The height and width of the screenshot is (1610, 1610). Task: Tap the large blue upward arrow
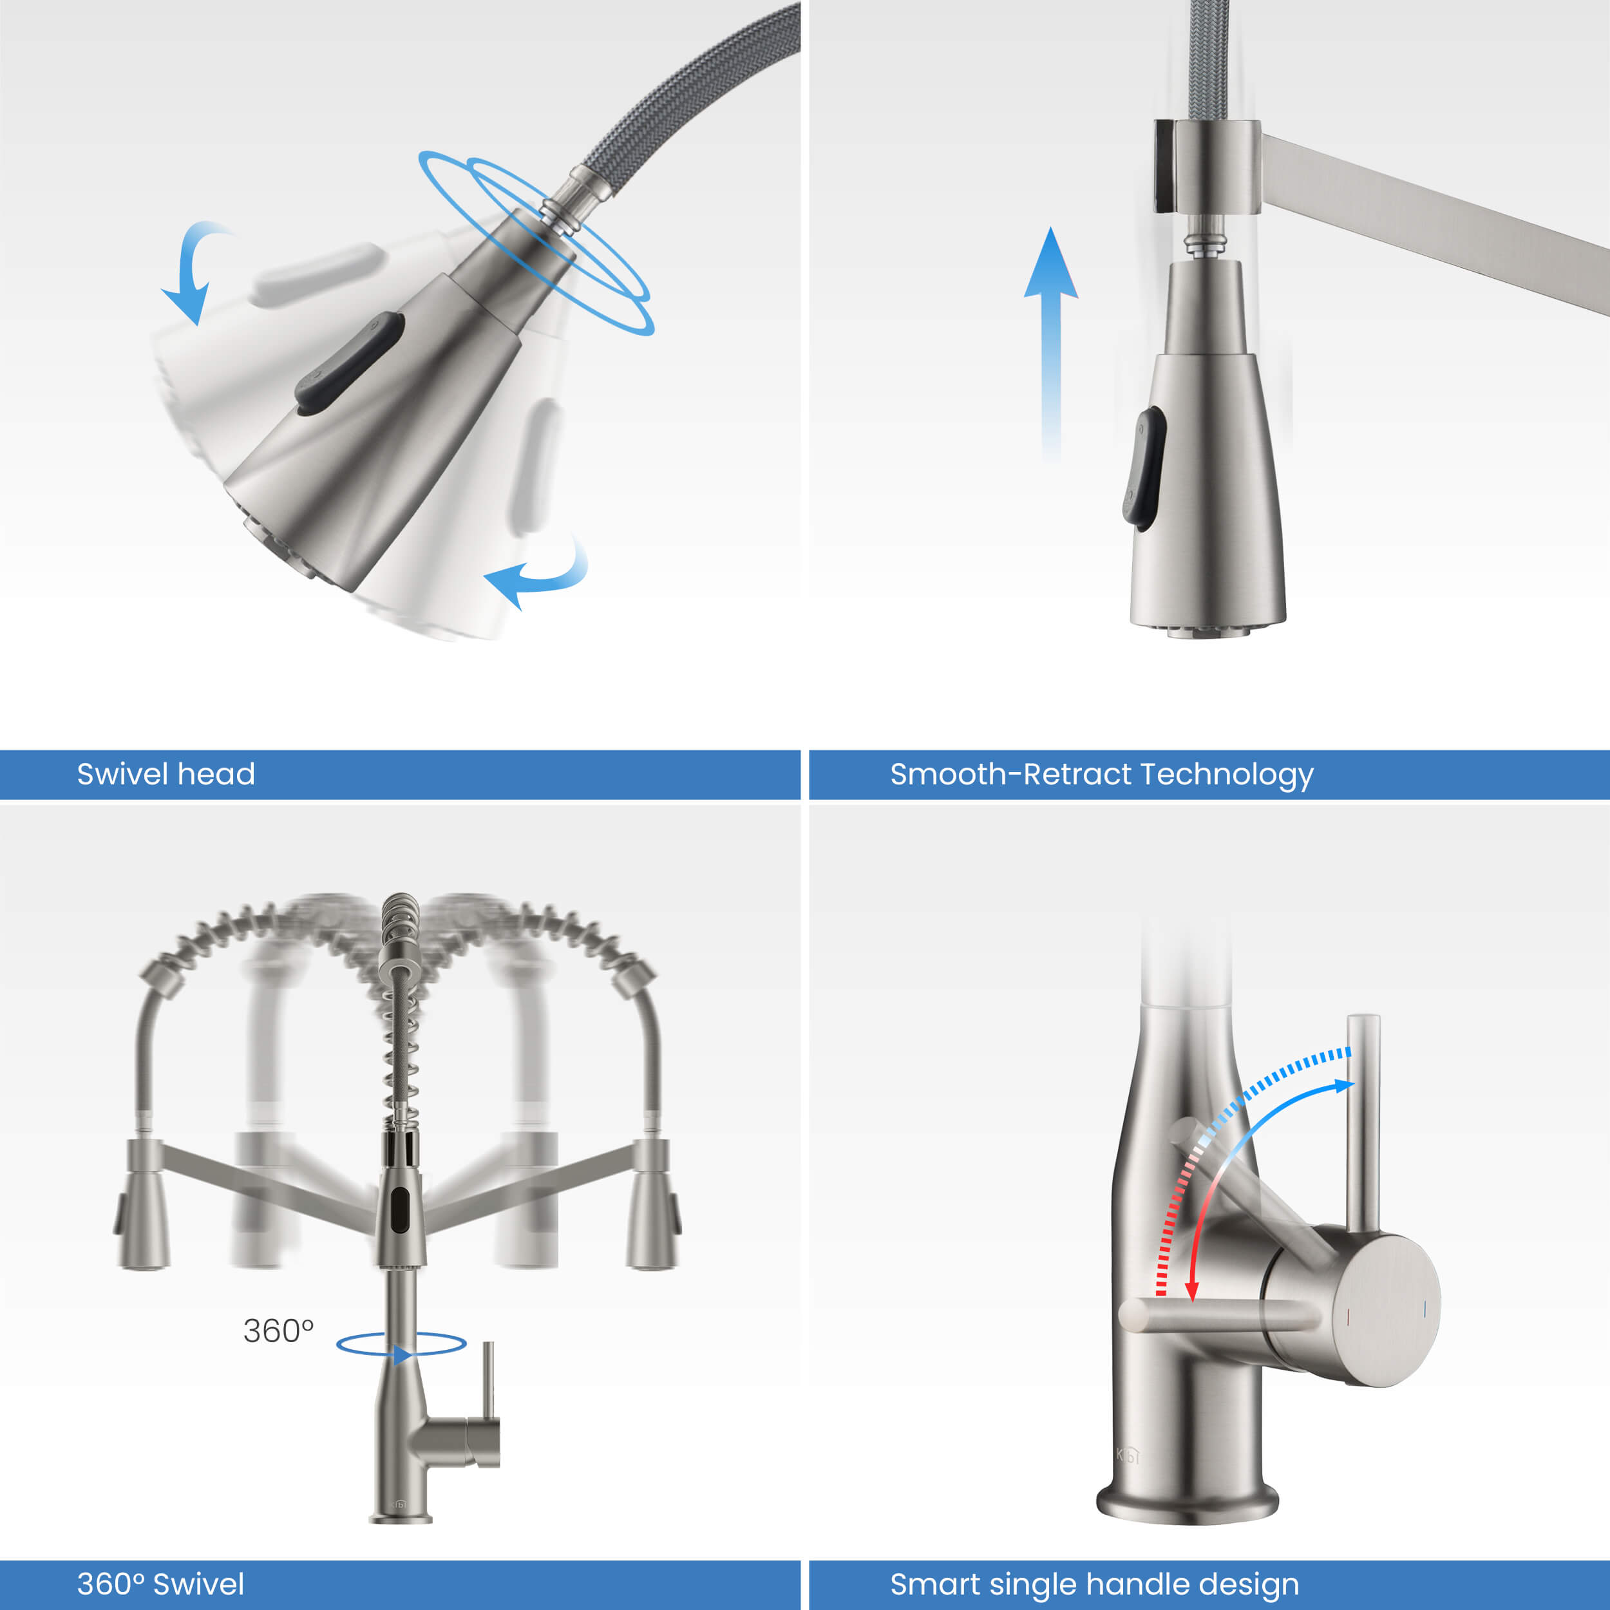1051,342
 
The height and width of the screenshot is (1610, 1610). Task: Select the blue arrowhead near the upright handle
1344,1085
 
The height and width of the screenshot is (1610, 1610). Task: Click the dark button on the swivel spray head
350,363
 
